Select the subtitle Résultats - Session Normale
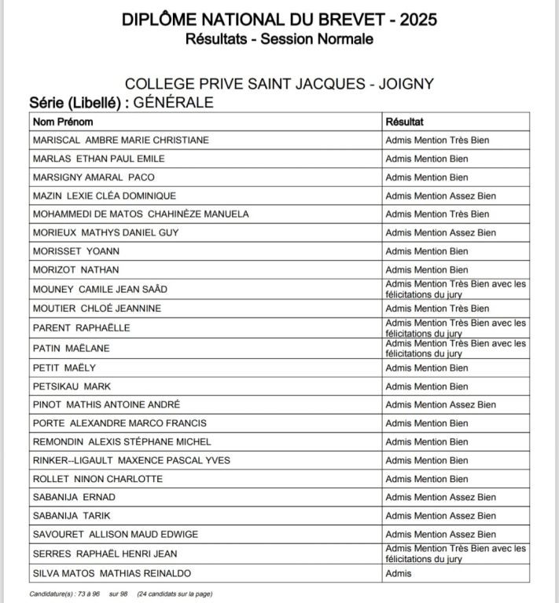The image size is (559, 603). click(x=279, y=38)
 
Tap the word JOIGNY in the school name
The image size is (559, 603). click(x=406, y=84)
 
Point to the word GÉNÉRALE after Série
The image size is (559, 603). click(x=174, y=102)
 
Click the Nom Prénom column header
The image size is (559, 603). click(x=63, y=122)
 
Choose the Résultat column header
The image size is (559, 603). click(x=405, y=122)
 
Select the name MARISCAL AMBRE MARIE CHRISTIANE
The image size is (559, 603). click(x=120, y=141)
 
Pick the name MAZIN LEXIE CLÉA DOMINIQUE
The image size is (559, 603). click(x=105, y=196)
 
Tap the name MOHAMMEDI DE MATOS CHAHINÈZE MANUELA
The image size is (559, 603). click(x=141, y=214)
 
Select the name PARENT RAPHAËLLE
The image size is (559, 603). click(x=82, y=327)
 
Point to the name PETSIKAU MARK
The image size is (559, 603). click(x=72, y=386)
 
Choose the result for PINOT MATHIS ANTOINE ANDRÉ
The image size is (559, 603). click(x=440, y=405)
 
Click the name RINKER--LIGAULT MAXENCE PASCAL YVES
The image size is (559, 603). click(x=131, y=460)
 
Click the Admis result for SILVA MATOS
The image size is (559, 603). click(x=399, y=574)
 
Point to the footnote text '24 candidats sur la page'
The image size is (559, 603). click(x=175, y=594)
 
